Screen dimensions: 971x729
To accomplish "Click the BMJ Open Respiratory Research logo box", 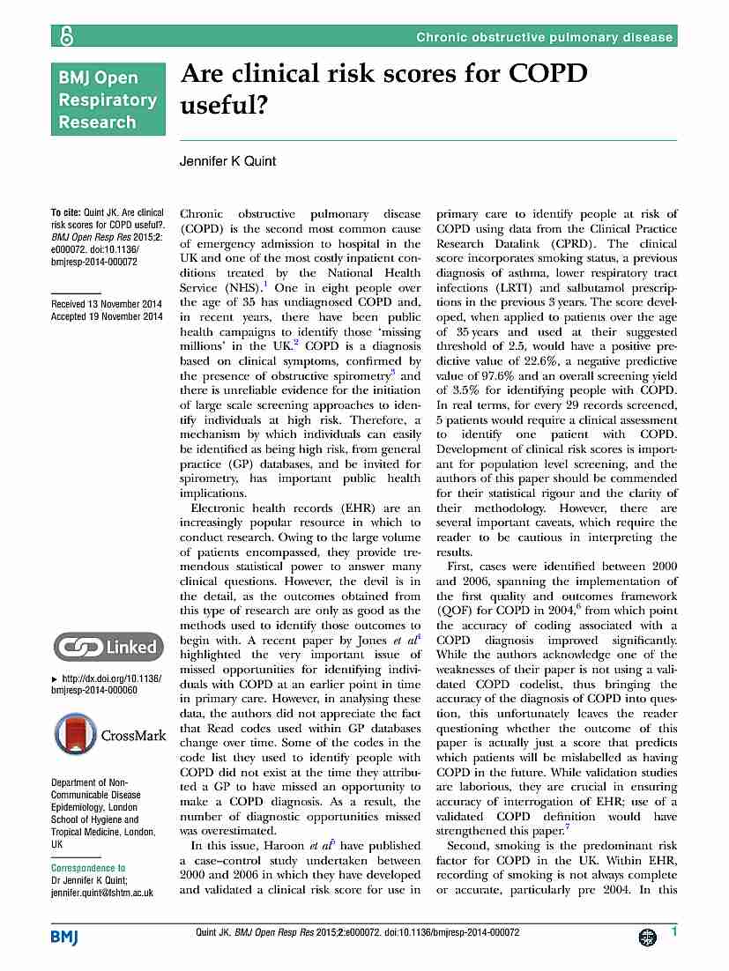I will coord(108,99).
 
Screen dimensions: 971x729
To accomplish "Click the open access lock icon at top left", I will coord(65,36).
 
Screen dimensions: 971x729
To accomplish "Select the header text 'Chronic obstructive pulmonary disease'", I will coord(544,37).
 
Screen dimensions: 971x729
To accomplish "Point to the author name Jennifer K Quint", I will coord(229,161).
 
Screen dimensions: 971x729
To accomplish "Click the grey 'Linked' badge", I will coord(107,648).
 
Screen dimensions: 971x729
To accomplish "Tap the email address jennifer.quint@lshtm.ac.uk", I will coord(102,893).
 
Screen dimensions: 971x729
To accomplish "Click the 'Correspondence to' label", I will coord(88,868).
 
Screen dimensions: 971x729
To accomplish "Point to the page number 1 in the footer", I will coord(673,932).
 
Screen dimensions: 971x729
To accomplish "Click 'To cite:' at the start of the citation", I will coord(66,213).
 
